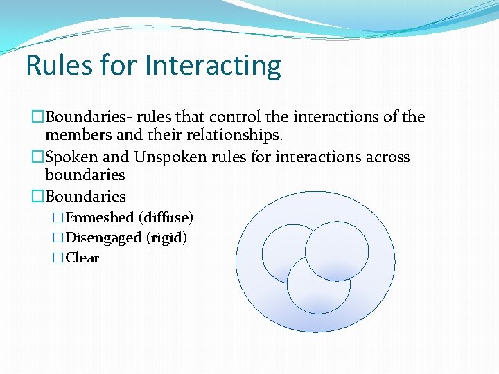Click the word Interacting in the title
pyautogui.click(x=213, y=66)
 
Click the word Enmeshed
pyautogui.click(x=99, y=217)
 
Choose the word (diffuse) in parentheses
pyautogui.click(x=166, y=217)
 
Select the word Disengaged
pyautogui.click(x=103, y=238)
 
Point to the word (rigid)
pyautogui.click(x=166, y=238)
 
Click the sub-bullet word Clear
pyautogui.click(x=82, y=258)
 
